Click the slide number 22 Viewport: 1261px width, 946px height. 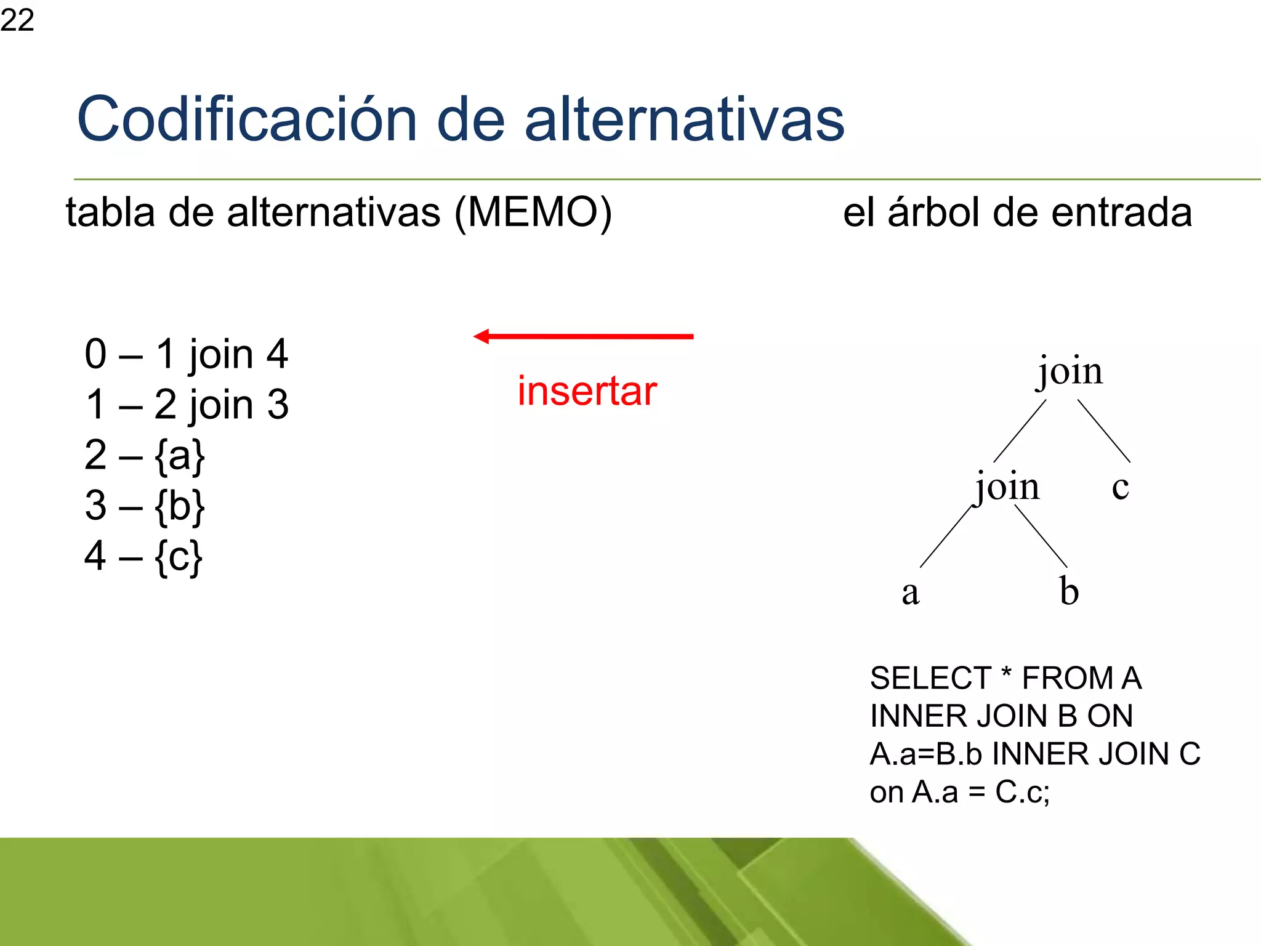pyautogui.click(x=17, y=20)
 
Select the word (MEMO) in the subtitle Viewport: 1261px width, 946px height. pyautogui.click(x=533, y=213)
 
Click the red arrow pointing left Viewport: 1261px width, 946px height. pyautogui.click(x=582, y=336)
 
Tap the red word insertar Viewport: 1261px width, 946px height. pyautogui.click(x=587, y=391)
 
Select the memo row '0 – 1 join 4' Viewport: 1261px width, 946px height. pyautogui.click(x=186, y=354)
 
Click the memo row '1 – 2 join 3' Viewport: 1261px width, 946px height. pyautogui.click(x=187, y=405)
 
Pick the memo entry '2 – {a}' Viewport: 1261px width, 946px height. pyautogui.click(x=144, y=456)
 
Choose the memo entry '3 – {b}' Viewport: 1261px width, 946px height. pyautogui.click(x=144, y=506)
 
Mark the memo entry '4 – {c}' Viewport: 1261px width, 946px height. pyautogui.click(x=143, y=557)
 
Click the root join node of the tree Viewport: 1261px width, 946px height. pyautogui.click(x=1070, y=371)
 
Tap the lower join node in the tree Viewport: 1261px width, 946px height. pyautogui.click(x=1007, y=487)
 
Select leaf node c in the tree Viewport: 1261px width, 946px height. pyautogui.click(x=1120, y=487)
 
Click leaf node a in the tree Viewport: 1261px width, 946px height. pyautogui.click(x=910, y=592)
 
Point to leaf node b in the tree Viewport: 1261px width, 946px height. pyautogui.click(x=1069, y=591)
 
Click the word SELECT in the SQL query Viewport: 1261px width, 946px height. pyautogui.click(x=930, y=679)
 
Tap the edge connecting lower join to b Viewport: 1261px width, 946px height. pyautogui.click(x=1041, y=536)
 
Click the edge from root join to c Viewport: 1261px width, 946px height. pyautogui.click(x=1104, y=431)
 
